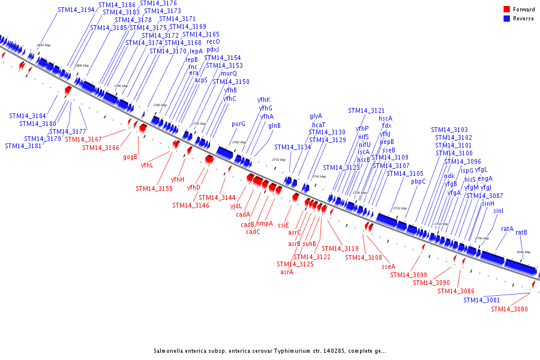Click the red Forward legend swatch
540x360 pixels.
pyautogui.click(x=506, y=10)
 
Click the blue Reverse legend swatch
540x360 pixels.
pyautogui.click(x=506, y=19)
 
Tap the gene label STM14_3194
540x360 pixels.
pyautogui.click(x=76, y=10)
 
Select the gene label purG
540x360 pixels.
pyautogui.click(x=238, y=124)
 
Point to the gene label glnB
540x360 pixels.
pyautogui.click(x=274, y=125)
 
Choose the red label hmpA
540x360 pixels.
pyautogui.click(x=265, y=223)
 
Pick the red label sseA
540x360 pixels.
pyautogui.click(x=389, y=266)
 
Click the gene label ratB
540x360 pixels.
pyautogui.click(x=521, y=232)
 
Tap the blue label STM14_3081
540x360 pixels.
pyautogui.click(x=481, y=300)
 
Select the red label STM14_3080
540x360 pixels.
pyautogui.click(x=509, y=309)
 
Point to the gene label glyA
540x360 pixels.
pyautogui.click(x=316, y=116)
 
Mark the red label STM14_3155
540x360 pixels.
pyautogui.click(x=154, y=188)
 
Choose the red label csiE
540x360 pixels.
pyautogui.click(x=283, y=225)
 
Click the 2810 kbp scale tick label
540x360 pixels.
pyautogui.click(x=44, y=45)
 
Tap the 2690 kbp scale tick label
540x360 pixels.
pyautogui.click(x=523, y=252)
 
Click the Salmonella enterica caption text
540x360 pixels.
pyautogui.click(x=270, y=351)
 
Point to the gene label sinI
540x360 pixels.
pyautogui.click(x=498, y=211)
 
